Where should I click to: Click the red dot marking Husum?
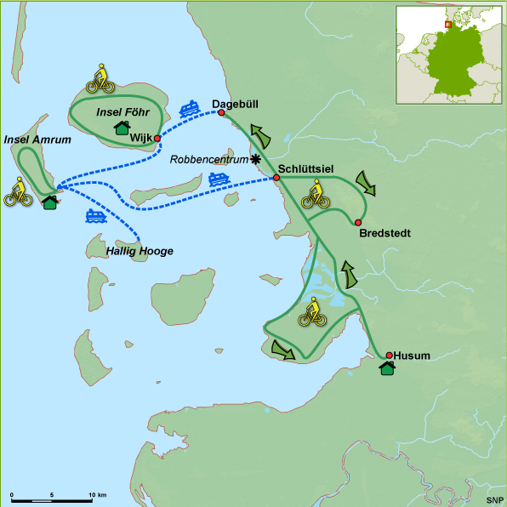[x=389, y=356]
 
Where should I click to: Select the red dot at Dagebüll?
[x=221, y=112]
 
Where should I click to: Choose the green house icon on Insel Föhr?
[x=122, y=128]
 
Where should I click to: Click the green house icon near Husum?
[x=387, y=368]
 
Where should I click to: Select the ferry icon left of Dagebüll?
[x=190, y=109]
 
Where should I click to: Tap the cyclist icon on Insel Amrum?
[x=18, y=192]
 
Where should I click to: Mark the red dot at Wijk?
[x=157, y=138]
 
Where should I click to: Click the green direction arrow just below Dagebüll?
[x=262, y=134]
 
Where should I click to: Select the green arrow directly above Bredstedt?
[x=367, y=182]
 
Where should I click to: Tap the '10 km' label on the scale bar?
[x=96, y=494]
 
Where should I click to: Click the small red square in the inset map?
[x=447, y=26]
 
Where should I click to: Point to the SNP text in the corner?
[x=493, y=498]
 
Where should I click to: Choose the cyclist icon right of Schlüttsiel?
[x=316, y=195]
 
